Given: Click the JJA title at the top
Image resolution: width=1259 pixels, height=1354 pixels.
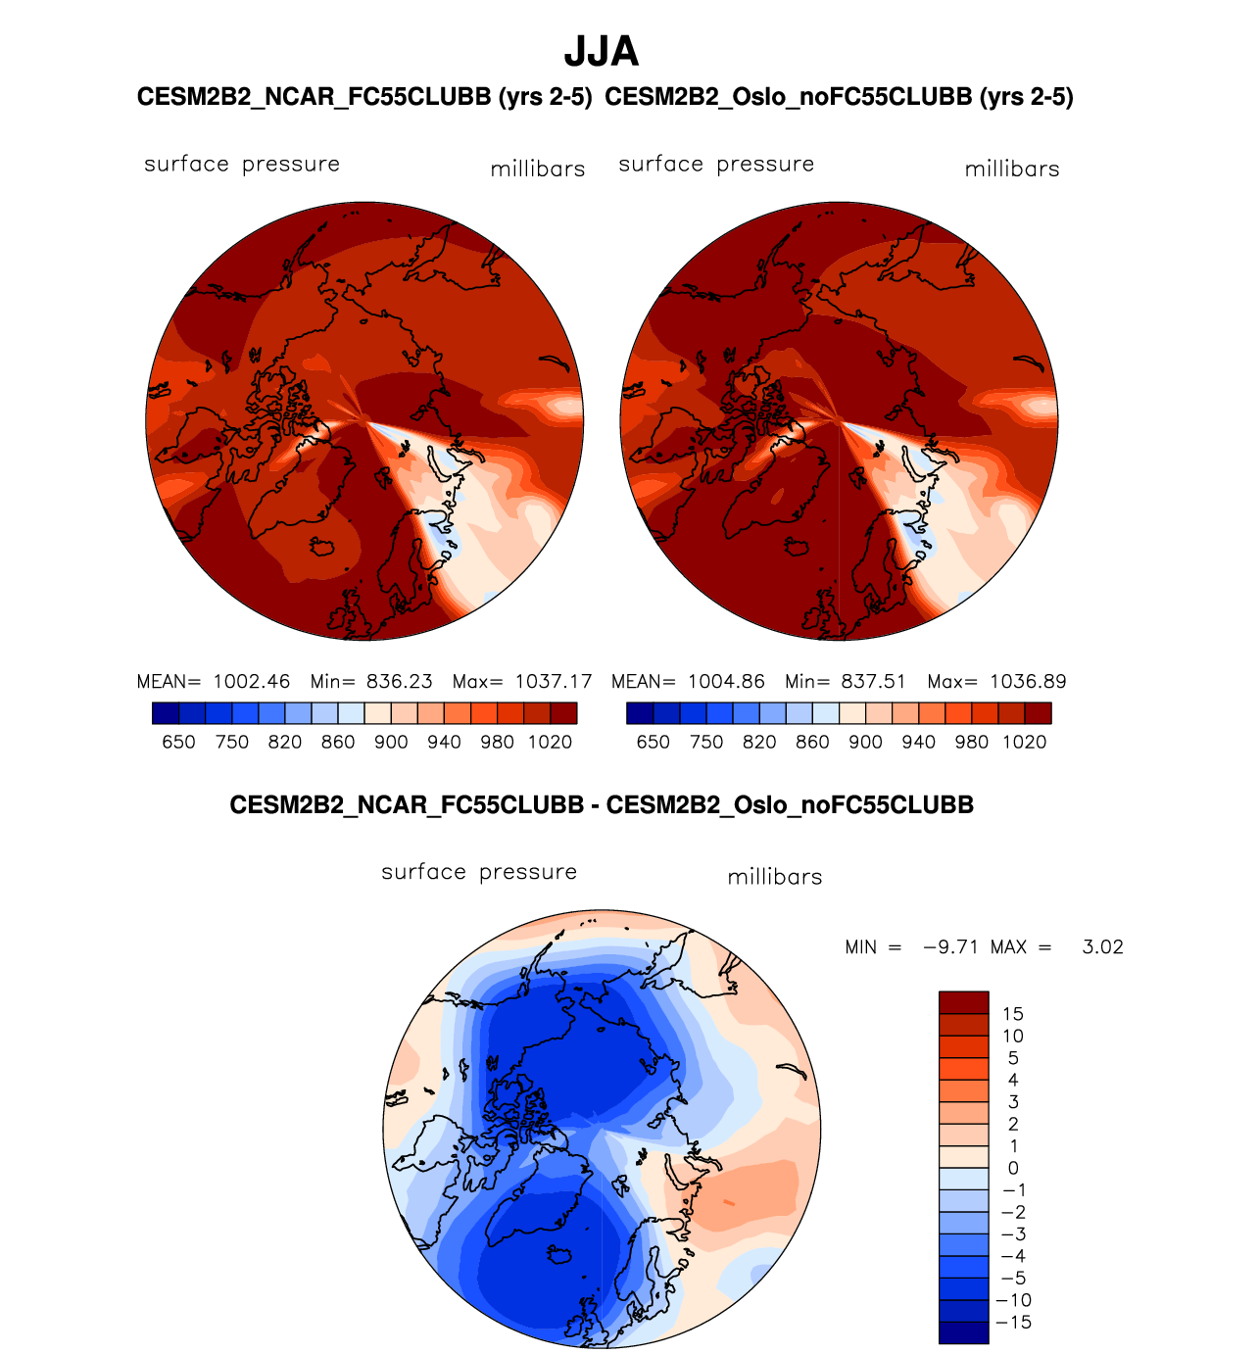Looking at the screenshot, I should tap(602, 52).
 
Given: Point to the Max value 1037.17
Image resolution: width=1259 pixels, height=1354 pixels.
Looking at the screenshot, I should tap(554, 681).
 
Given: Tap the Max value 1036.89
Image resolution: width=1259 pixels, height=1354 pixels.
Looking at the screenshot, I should tap(1028, 681).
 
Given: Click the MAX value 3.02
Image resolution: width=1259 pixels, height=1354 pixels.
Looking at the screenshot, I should tap(1102, 947).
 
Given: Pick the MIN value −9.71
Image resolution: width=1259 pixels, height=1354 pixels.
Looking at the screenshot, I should tap(951, 947).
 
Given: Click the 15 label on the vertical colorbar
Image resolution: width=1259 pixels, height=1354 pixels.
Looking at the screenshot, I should tap(1012, 1014).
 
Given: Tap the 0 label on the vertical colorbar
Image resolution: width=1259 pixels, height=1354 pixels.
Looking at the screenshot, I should tap(1013, 1168).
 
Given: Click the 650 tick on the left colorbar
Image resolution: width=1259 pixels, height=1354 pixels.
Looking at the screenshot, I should tap(178, 743).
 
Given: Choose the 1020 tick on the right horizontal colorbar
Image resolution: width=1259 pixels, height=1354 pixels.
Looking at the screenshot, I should tap(1025, 743).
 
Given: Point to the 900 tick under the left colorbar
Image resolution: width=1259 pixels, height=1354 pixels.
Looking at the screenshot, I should tap(391, 743).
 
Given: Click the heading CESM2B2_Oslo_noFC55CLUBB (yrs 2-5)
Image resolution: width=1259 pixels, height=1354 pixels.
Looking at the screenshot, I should tap(840, 97).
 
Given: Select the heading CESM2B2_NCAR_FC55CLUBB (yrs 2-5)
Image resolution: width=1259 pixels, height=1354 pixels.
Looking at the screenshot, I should tap(364, 97).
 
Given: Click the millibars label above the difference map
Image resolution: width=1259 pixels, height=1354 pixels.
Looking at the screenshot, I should tap(775, 877).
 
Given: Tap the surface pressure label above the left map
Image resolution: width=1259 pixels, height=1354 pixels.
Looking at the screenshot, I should tap(242, 164).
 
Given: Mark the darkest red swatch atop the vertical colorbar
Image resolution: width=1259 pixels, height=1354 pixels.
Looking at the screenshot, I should tap(963, 1002).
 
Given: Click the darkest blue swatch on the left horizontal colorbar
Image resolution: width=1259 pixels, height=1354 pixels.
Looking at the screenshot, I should tap(166, 713).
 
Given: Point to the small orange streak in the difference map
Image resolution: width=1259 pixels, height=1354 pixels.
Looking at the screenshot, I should tap(728, 1201).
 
